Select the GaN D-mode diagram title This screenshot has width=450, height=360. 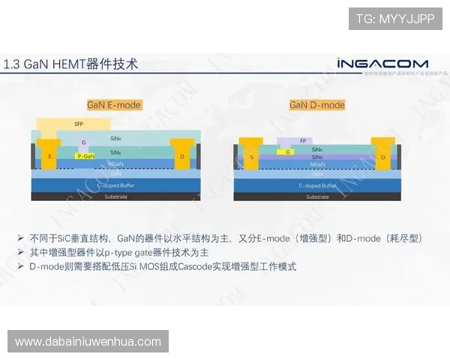pyautogui.click(x=317, y=105)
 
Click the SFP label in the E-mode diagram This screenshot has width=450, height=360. pyautogui.click(x=79, y=123)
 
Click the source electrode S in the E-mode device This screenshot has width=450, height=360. pyautogui.click(x=50, y=156)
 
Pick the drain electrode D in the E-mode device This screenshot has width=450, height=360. pyautogui.click(x=182, y=156)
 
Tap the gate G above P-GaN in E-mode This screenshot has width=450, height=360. pyautogui.click(x=84, y=142)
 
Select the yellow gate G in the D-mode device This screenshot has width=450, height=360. pyautogui.click(x=289, y=151)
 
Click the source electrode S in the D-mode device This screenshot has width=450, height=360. pyautogui.click(x=252, y=157)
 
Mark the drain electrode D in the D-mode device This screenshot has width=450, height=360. pyautogui.click(x=384, y=157)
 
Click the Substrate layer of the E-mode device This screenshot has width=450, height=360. pyautogui.click(x=116, y=196)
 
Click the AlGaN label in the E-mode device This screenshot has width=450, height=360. pyautogui.click(x=116, y=163)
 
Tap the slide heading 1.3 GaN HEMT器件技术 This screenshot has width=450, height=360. pyautogui.click(x=71, y=64)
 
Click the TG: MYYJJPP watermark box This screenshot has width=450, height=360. pyautogui.click(x=394, y=19)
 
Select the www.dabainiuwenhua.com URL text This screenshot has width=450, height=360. pyautogui.click(x=88, y=342)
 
